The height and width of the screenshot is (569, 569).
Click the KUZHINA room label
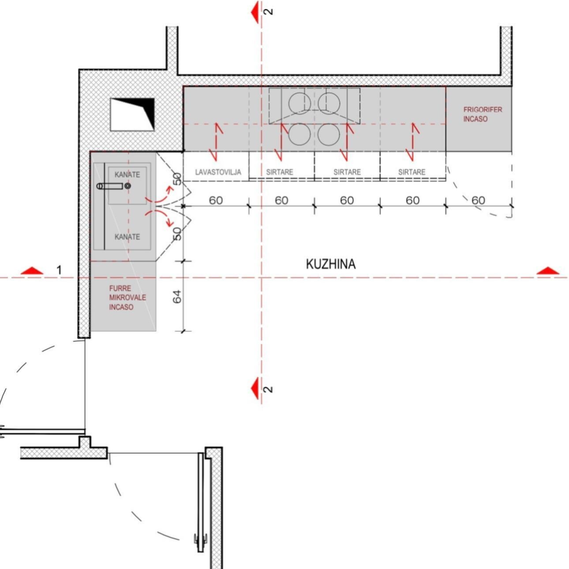pos(330,264)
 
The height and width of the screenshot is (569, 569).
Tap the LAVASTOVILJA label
pos(218,172)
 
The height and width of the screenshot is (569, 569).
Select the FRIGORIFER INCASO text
pos(482,114)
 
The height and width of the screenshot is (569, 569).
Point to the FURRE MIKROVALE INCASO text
pos(128,297)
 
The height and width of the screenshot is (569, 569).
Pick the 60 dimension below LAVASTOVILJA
pos(216,201)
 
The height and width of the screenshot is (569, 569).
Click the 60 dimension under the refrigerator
pos(478,201)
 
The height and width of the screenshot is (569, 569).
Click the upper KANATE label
pos(127,175)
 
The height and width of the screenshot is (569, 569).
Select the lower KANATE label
pos(127,237)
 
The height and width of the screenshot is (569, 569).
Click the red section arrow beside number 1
pos(33,271)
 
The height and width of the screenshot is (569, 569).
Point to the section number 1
pos(59,270)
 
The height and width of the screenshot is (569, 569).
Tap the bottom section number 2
pos(268,389)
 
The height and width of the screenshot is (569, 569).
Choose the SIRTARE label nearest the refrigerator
pos(412,172)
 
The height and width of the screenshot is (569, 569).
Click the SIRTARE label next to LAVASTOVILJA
pos(279,172)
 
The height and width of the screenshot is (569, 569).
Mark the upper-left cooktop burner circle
pos(300,103)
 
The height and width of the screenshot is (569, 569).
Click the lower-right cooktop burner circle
pos(329,135)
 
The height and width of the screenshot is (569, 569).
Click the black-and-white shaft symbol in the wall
pos(132,114)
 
